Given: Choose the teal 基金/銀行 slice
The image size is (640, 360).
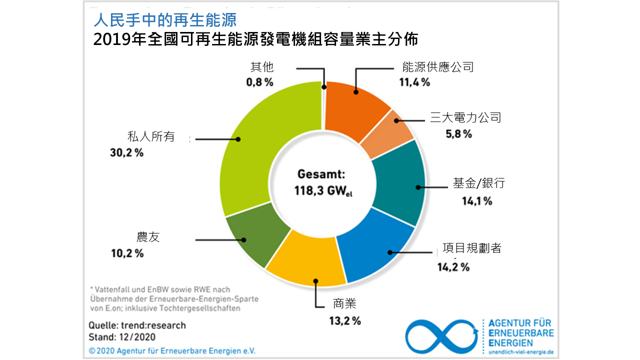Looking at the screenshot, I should [x=400, y=185].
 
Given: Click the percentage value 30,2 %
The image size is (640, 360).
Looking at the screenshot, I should [x=126, y=153].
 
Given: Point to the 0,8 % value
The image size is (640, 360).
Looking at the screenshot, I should [x=259, y=82].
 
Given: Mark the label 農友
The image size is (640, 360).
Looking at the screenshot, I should [x=148, y=237].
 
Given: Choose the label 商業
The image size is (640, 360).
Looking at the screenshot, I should [x=344, y=303].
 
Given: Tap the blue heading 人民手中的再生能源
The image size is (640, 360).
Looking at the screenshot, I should [x=164, y=20].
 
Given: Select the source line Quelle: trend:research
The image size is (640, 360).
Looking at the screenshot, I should [x=137, y=325].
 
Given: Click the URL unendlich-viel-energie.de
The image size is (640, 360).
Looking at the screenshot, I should [x=520, y=352].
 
